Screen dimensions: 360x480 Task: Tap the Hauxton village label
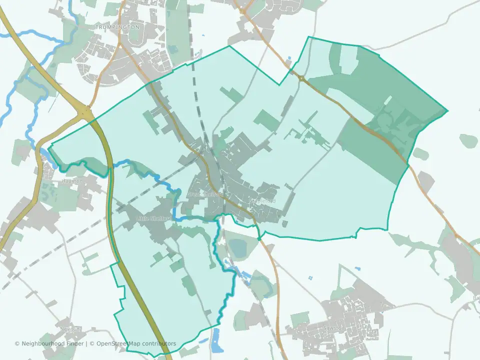pyautogui.click(x=70, y=180)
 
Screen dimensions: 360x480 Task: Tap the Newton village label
pyautogui.click(x=70, y=328)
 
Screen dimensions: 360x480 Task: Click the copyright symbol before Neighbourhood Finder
pyautogui.click(x=17, y=343)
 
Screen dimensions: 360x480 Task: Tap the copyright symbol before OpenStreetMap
pyautogui.click(x=92, y=343)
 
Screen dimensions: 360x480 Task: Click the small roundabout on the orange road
pyautogui.click(x=301, y=78)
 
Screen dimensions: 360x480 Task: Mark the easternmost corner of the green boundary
pyautogui.click(x=447, y=110)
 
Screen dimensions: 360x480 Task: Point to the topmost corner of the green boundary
pyautogui.click(x=309, y=37)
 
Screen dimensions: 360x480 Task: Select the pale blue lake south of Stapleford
pyautogui.click(x=239, y=248)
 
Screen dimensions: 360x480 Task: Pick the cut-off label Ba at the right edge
pyautogui.click(x=476, y=298)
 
